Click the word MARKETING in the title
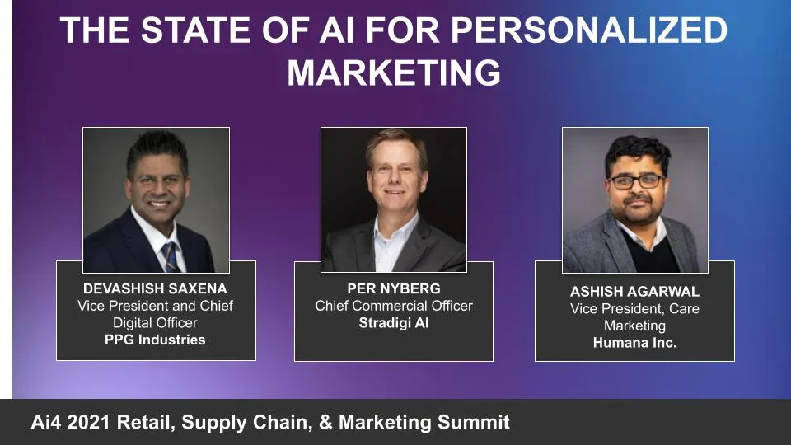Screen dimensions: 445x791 click(394, 73)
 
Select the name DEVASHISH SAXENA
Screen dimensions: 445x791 click(155, 288)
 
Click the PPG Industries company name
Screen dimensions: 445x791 click(155, 340)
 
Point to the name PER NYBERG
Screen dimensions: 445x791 click(394, 288)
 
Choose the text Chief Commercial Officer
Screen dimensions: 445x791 click(394, 306)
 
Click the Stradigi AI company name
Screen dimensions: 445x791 click(394, 323)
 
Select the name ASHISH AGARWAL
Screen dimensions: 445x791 click(634, 292)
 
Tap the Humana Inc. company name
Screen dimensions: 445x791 click(634, 343)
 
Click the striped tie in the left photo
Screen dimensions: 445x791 click(170, 255)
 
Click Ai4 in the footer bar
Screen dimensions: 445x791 click(48, 423)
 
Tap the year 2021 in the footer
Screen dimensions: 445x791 click(94, 423)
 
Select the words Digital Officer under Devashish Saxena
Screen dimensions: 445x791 click(155, 322)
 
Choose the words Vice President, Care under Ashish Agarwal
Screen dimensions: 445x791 click(634, 309)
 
